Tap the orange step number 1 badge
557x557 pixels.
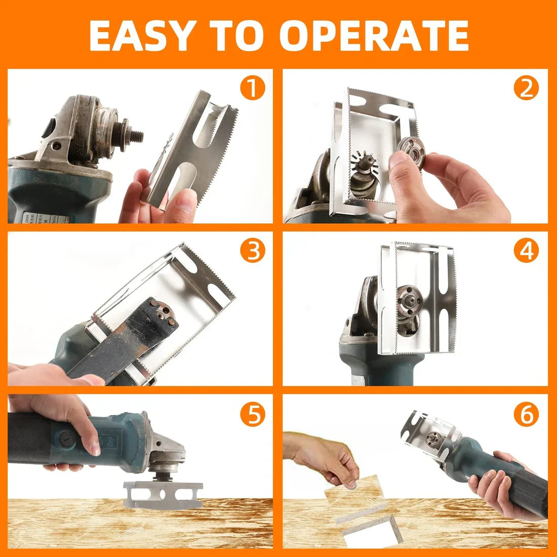coord(253,89)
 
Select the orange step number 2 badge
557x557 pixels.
coord(527,89)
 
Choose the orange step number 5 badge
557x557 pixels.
coord(253,414)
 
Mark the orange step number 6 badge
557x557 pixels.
coord(527,414)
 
